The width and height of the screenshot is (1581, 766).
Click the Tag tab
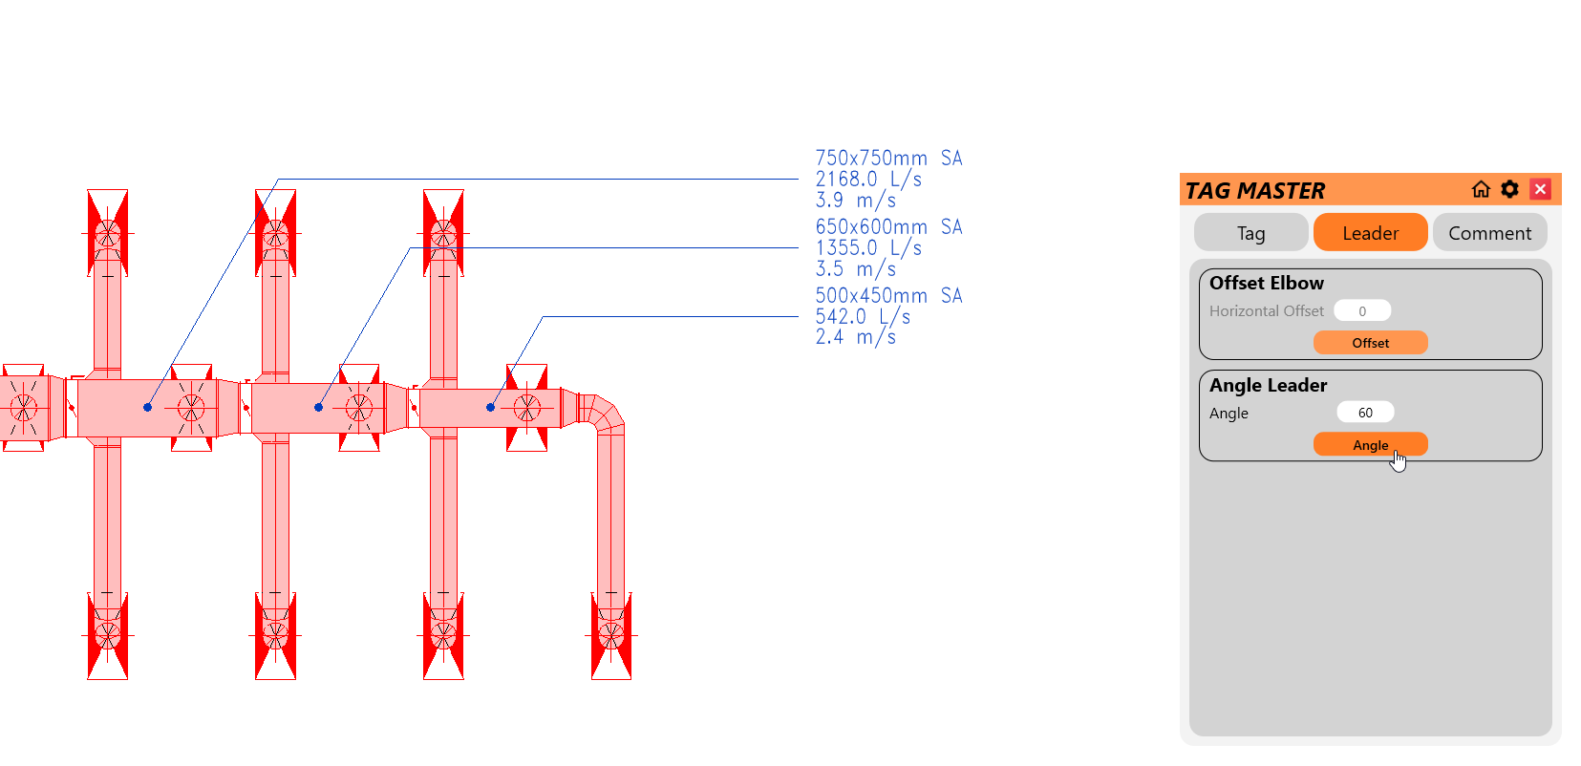pos(1250,233)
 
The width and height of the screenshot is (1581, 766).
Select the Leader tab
pos(1370,233)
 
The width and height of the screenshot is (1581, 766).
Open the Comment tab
pos(1489,233)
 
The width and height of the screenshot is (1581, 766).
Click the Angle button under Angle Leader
pos(1370,445)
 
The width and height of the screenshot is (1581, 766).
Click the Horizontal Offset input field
pos(1362,310)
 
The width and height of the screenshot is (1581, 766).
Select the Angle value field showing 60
pos(1365,413)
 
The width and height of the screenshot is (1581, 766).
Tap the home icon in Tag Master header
pos(1481,189)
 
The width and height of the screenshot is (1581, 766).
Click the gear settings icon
pos(1509,189)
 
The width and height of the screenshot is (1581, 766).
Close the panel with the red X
pos(1540,189)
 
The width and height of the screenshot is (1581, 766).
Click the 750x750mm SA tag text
pos(888,159)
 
